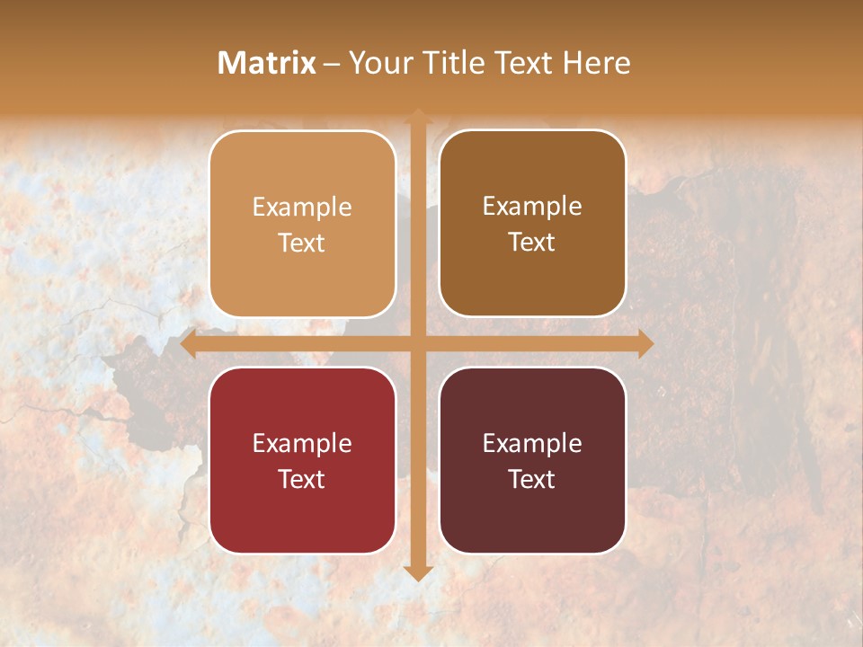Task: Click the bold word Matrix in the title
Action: click(x=267, y=63)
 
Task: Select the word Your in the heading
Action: click(x=378, y=63)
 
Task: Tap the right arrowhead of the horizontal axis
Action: click(x=645, y=343)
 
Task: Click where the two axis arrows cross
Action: click(x=417, y=343)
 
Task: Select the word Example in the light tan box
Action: click(x=302, y=208)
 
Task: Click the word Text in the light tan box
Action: click(x=302, y=244)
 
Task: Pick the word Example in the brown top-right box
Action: click(x=532, y=207)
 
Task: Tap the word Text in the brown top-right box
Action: click(x=532, y=243)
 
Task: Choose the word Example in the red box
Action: click(x=302, y=444)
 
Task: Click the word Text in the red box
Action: click(x=302, y=480)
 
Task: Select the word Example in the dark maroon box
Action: click(x=532, y=444)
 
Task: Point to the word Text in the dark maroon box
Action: click(x=532, y=480)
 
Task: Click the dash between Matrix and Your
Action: click(x=332, y=64)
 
